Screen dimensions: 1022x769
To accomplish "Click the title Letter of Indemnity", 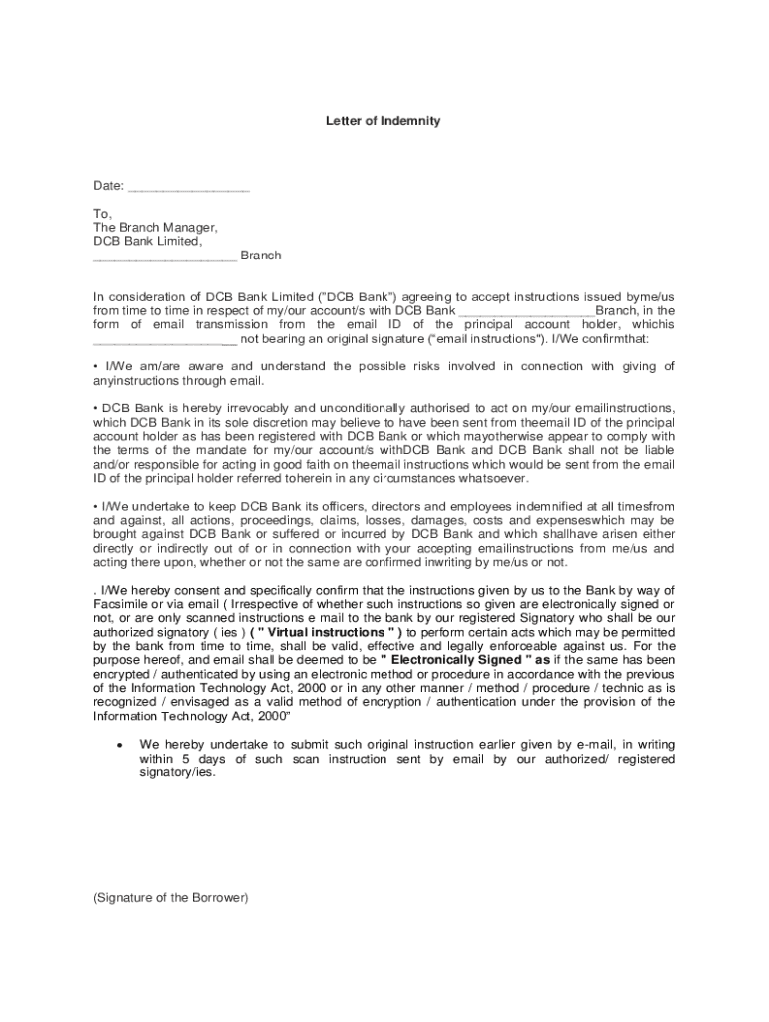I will [383, 121].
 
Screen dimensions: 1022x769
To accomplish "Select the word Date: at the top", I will [108, 186].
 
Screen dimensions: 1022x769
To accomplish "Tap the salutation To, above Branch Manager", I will [103, 214].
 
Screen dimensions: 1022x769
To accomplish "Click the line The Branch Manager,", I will [155, 228].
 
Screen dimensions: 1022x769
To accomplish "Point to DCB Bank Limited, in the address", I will [147, 242].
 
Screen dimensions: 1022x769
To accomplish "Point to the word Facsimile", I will [121, 605].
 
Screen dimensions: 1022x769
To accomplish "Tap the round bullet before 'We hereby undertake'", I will [119, 746].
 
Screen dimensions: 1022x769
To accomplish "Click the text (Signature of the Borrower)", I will [170, 898].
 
